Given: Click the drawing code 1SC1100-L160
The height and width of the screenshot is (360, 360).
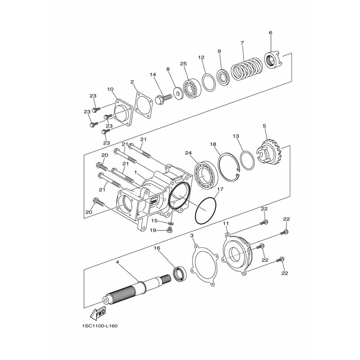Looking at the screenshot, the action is [x=99, y=326].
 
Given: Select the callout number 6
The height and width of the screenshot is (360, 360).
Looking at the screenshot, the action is [x=270, y=32].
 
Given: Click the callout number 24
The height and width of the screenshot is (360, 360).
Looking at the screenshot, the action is [x=189, y=153].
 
